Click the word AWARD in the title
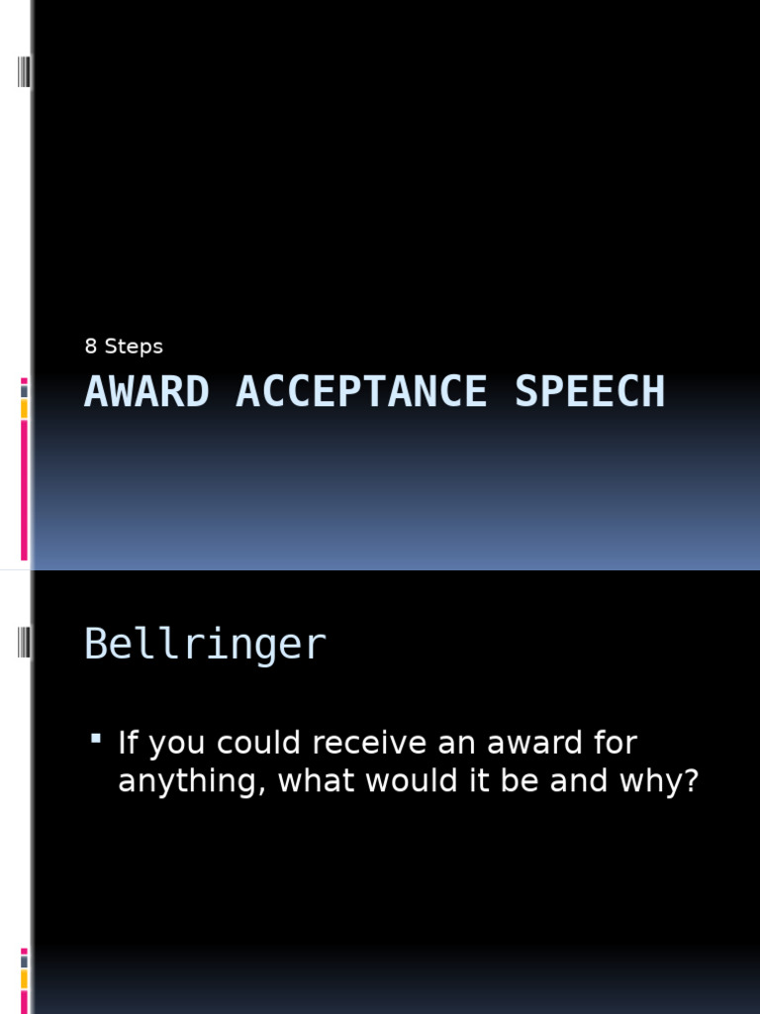(146, 392)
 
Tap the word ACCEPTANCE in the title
(361, 392)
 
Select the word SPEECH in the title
(590, 392)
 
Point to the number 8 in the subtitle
(91, 347)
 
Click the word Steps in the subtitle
(134, 347)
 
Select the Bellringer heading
(205, 645)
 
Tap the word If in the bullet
(126, 743)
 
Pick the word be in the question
(521, 781)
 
